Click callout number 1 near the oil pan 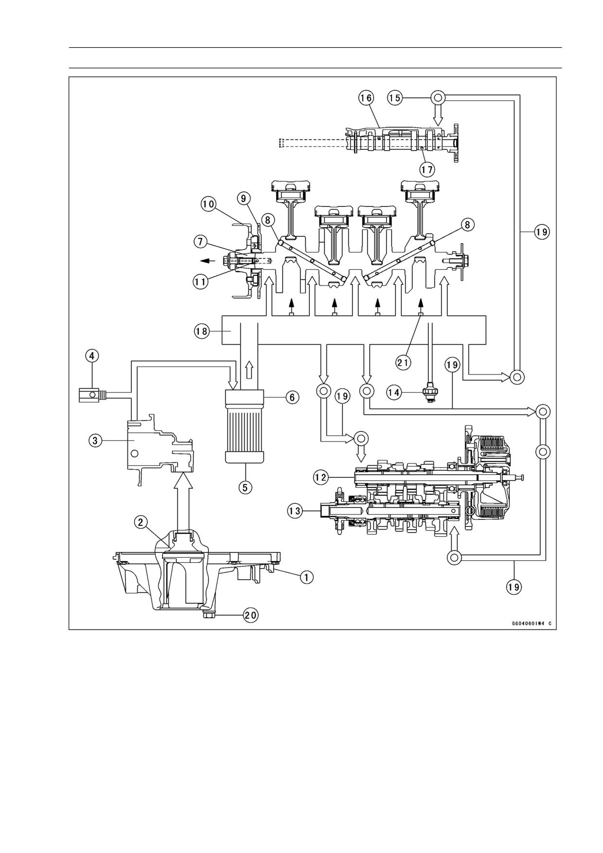pos(306,577)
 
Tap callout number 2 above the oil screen pos(141,522)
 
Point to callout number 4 pos(92,356)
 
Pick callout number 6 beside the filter pos(292,397)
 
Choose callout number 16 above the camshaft pos(366,98)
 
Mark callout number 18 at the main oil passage pos(201,332)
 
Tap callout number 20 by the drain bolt pos(251,615)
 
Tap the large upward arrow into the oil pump pos(183,499)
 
